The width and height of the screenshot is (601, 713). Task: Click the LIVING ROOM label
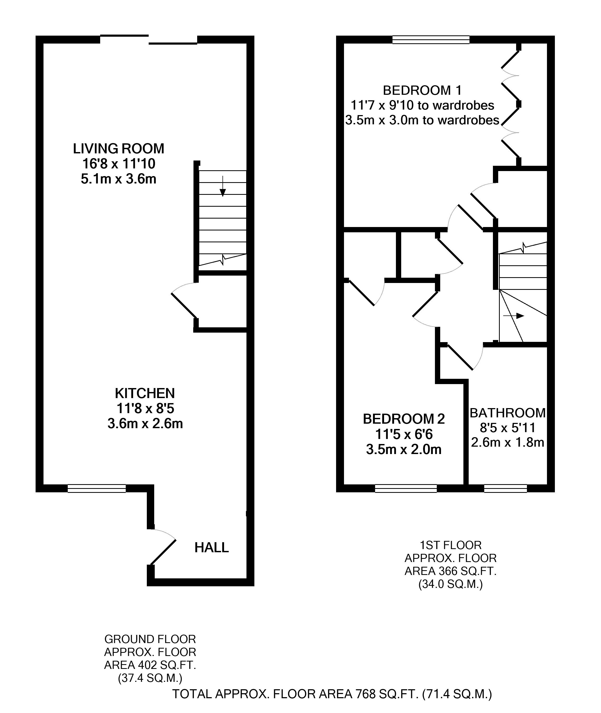pyautogui.click(x=119, y=149)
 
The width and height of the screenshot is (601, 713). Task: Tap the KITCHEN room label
pyautogui.click(x=145, y=393)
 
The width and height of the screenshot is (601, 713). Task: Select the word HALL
pyautogui.click(x=212, y=547)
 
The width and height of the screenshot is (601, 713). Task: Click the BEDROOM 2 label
pyautogui.click(x=404, y=419)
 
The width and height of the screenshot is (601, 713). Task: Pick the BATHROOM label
pyautogui.click(x=508, y=413)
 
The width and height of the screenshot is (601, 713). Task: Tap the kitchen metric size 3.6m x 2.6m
pyautogui.click(x=145, y=424)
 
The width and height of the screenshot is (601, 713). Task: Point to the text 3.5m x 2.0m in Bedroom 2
pyautogui.click(x=404, y=449)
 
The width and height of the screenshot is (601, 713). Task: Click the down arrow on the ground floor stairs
pyautogui.click(x=222, y=186)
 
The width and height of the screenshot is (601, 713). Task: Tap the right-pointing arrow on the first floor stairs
pyautogui.click(x=513, y=316)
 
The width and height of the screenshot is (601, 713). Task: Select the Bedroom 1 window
pyautogui.click(x=431, y=40)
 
